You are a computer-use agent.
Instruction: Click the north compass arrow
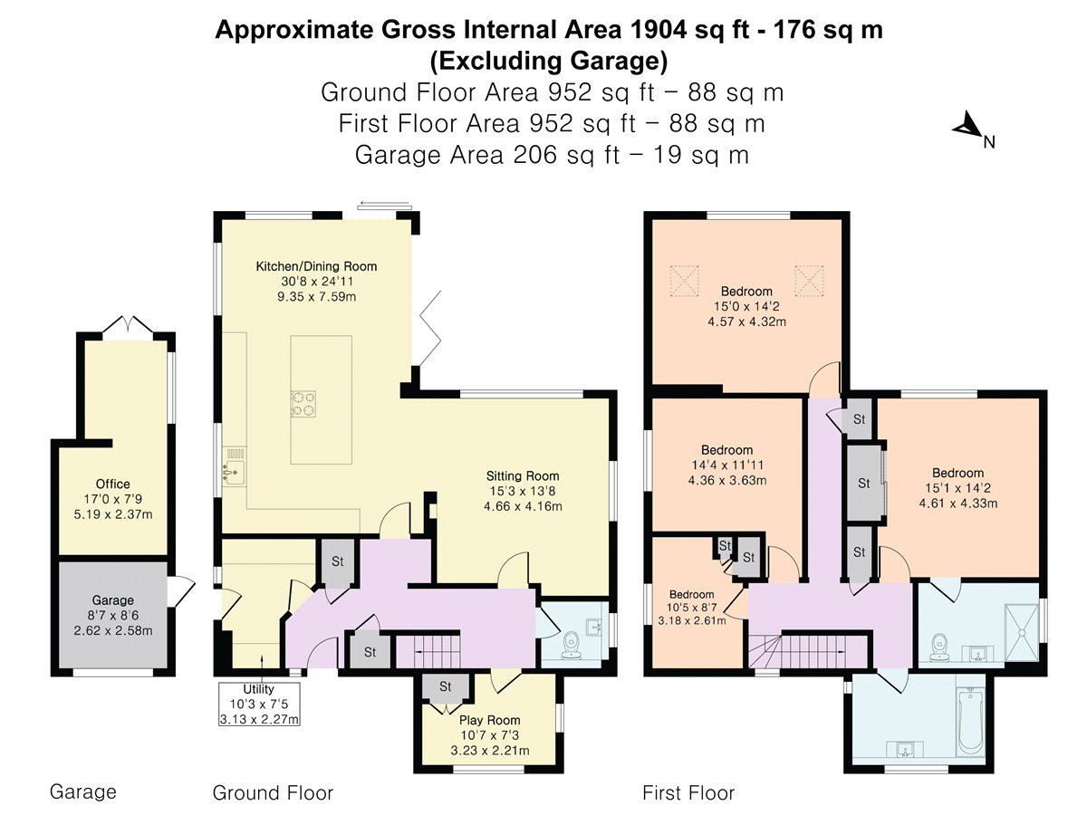point(967,125)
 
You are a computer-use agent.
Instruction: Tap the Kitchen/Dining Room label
point(316,266)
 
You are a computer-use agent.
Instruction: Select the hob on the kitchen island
point(303,404)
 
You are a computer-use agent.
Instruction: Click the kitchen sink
point(234,466)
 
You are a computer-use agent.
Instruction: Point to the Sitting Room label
point(523,476)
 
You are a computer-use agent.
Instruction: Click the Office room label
point(113,484)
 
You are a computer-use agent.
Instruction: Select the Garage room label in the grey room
point(113,600)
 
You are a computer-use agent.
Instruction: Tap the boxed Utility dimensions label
point(259,705)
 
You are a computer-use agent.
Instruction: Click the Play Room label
point(489,720)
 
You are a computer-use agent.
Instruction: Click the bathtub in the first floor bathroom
point(969,721)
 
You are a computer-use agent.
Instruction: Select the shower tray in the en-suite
point(1021,632)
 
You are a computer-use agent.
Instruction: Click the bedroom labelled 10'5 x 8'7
point(692,607)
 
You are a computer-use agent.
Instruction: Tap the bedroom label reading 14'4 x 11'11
point(727,465)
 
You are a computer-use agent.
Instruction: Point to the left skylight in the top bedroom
point(685,281)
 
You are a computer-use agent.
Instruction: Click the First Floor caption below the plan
point(688,792)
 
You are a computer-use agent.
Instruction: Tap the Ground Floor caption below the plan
point(273,792)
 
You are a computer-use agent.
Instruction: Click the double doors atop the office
point(128,324)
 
